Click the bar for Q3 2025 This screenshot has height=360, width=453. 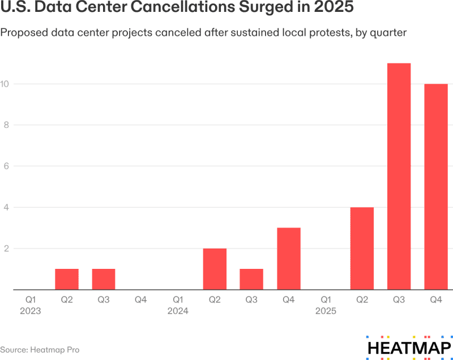(x=399, y=177)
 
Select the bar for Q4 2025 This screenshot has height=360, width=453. (x=436, y=187)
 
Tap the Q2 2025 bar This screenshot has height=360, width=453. (x=362, y=248)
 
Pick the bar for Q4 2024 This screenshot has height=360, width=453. (x=288, y=259)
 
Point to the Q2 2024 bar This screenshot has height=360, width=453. (x=215, y=269)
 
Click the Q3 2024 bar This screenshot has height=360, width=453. (x=251, y=279)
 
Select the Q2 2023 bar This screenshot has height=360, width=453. (x=67, y=279)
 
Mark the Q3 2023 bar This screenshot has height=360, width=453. (x=104, y=279)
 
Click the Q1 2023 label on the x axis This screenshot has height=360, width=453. (x=30, y=305)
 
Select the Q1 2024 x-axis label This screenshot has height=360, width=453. (x=178, y=305)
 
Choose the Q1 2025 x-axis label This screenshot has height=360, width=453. (x=325, y=305)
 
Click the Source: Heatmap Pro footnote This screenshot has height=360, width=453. (x=40, y=350)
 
